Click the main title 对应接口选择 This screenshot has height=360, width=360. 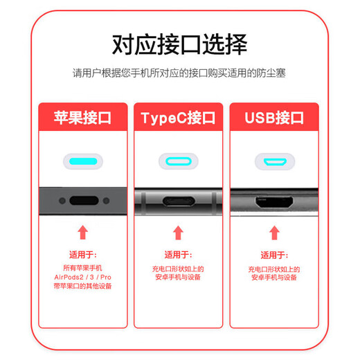coord(179,44)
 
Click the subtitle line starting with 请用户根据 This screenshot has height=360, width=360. coord(179,72)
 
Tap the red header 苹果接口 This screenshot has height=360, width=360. coord(83,118)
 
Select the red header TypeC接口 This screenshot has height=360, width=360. coord(179,118)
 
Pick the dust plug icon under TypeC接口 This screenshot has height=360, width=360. coord(179,162)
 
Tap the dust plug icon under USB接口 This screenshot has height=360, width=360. coord(274,162)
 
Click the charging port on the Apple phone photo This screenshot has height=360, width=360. coord(83,201)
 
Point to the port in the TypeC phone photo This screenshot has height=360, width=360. coord(178,203)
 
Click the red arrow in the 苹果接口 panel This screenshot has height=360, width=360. coord(83,232)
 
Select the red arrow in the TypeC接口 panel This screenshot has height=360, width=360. coord(178,233)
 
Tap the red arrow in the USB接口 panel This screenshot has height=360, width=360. coord(274,233)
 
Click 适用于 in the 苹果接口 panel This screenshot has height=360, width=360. coord(83,255)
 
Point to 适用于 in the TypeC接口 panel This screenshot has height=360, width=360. coord(178,254)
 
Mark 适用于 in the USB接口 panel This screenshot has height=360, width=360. coord(274,254)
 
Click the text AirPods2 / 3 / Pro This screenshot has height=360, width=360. coord(83,276)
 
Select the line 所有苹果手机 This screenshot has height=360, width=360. coord(83,267)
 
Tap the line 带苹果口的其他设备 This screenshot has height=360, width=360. coord(83,285)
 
